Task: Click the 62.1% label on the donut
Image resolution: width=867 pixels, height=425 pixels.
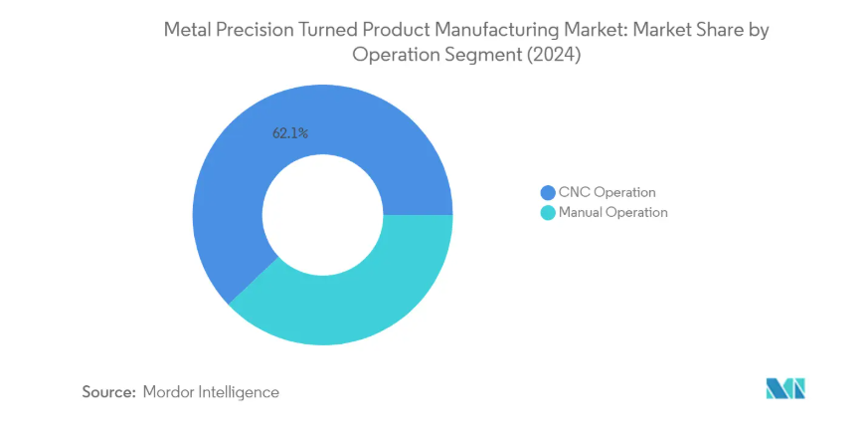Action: pyautogui.click(x=290, y=132)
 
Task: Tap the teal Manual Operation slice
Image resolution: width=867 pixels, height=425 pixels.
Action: pyautogui.click(x=348, y=299)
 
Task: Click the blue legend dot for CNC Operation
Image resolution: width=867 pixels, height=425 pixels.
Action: pyautogui.click(x=547, y=192)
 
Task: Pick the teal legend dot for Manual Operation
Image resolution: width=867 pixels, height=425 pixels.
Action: pyautogui.click(x=547, y=212)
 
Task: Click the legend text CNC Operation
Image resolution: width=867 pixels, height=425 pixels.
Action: pyautogui.click(x=607, y=192)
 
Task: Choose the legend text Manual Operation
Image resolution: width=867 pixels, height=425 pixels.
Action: pyautogui.click(x=612, y=212)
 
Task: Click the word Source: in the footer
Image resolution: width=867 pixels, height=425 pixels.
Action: pyautogui.click(x=107, y=392)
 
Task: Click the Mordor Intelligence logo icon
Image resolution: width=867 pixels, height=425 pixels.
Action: pyautogui.click(x=784, y=388)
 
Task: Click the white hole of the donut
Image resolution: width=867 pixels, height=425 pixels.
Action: pyautogui.click(x=323, y=216)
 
